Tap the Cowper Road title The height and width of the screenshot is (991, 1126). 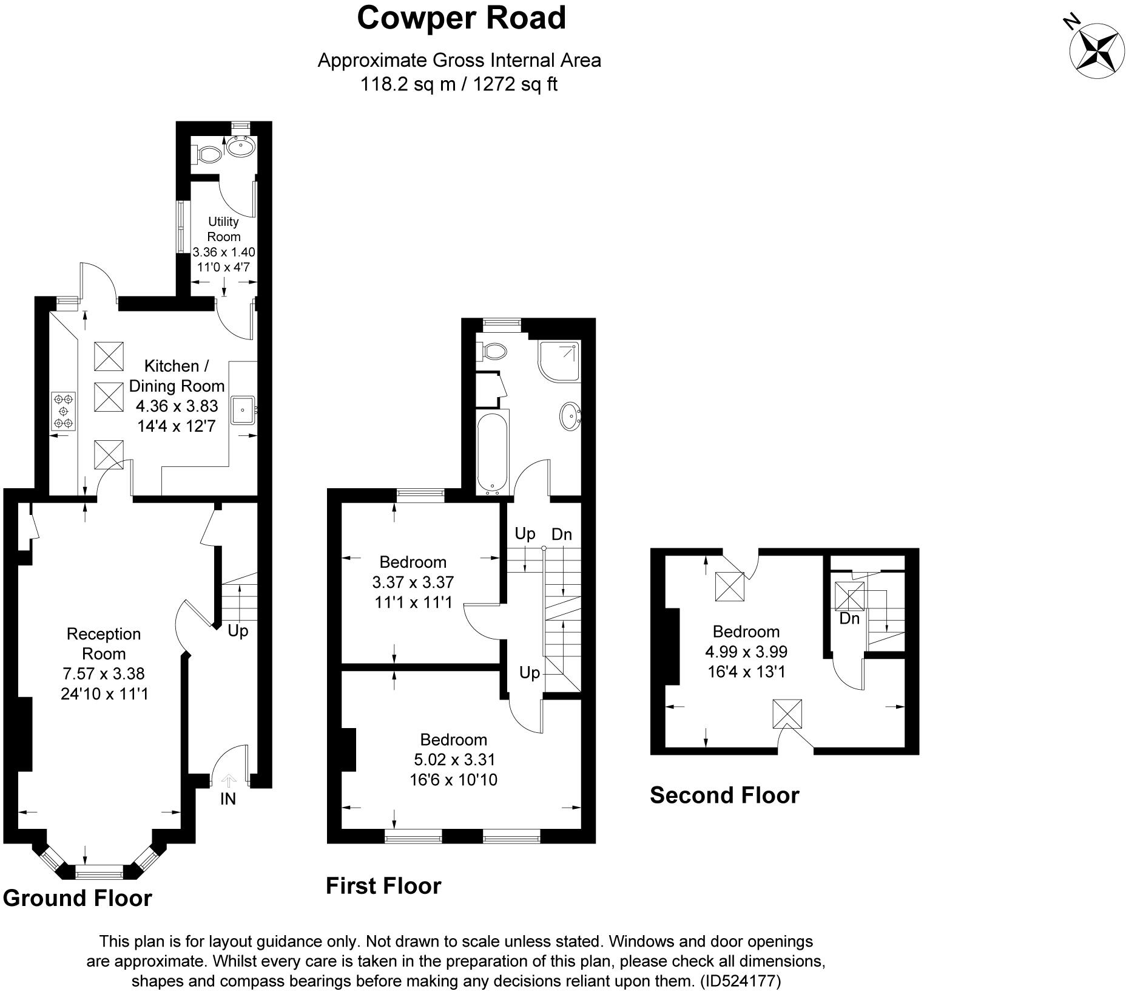point(461,18)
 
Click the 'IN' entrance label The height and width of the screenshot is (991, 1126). point(228,799)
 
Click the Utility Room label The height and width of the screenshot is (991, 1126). point(224,229)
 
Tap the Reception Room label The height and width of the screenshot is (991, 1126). point(104,644)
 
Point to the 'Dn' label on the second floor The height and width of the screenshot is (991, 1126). point(849,618)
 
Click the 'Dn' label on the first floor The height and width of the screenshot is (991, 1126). point(562,534)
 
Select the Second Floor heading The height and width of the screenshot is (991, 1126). point(724,795)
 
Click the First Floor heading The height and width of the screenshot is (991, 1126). point(383,886)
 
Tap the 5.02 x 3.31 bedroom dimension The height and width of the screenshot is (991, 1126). point(454,759)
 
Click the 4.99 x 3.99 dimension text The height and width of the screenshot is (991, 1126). point(746,652)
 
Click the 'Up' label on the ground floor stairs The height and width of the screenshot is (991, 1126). point(238,631)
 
